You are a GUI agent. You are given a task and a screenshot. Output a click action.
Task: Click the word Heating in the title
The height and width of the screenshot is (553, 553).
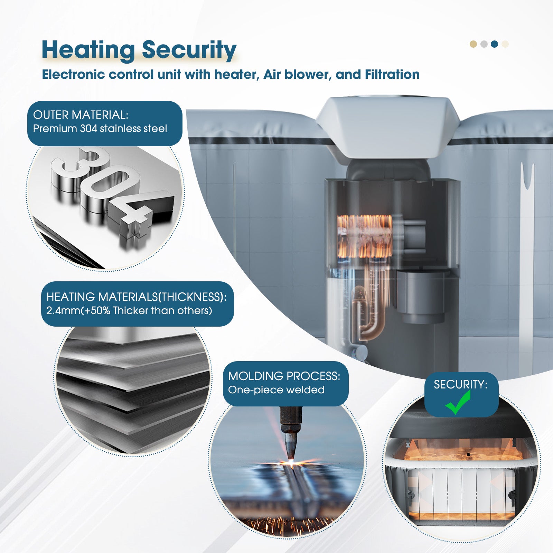click(x=88, y=50)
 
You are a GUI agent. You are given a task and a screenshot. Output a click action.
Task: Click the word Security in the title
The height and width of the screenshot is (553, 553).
click(x=189, y=50)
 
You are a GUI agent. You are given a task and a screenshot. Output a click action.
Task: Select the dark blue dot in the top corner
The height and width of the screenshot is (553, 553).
click(x=494, y=44)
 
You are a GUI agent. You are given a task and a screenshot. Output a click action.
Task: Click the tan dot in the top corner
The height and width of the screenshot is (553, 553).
click(x=473, y=44)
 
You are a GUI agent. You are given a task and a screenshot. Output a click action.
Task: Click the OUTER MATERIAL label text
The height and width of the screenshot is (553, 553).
click(x=81, y=115)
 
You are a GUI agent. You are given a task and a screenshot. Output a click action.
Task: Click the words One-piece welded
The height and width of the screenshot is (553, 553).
click(x=276, y=390)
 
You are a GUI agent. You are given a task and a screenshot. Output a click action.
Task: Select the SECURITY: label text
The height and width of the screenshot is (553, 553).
click(x=460, y=384)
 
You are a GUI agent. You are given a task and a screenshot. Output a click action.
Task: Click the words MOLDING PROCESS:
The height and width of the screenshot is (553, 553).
click(x=284, y=376)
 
